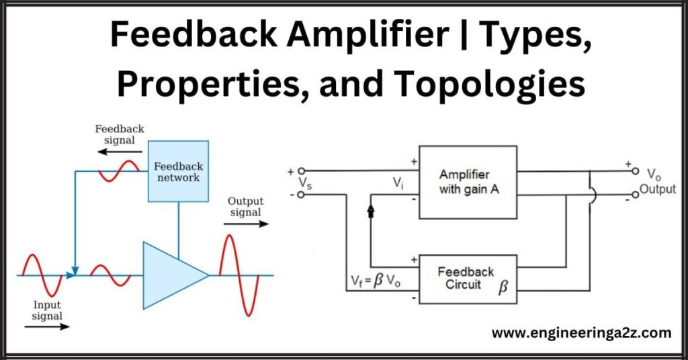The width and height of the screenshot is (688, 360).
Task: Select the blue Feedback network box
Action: (x=178, y=171)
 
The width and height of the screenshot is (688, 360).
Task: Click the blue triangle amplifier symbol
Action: (x=171, y=275)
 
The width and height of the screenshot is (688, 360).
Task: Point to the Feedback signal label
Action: (x=120, y=134)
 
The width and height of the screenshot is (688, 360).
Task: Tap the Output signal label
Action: (x=245, y=207)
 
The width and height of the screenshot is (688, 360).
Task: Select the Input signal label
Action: (x=47, y=310)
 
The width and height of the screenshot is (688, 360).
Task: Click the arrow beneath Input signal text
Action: (x=47, y=326)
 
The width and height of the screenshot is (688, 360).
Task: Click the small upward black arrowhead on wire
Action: (x=370, y=211)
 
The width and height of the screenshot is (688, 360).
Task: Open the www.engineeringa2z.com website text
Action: (x=581, y=332)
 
